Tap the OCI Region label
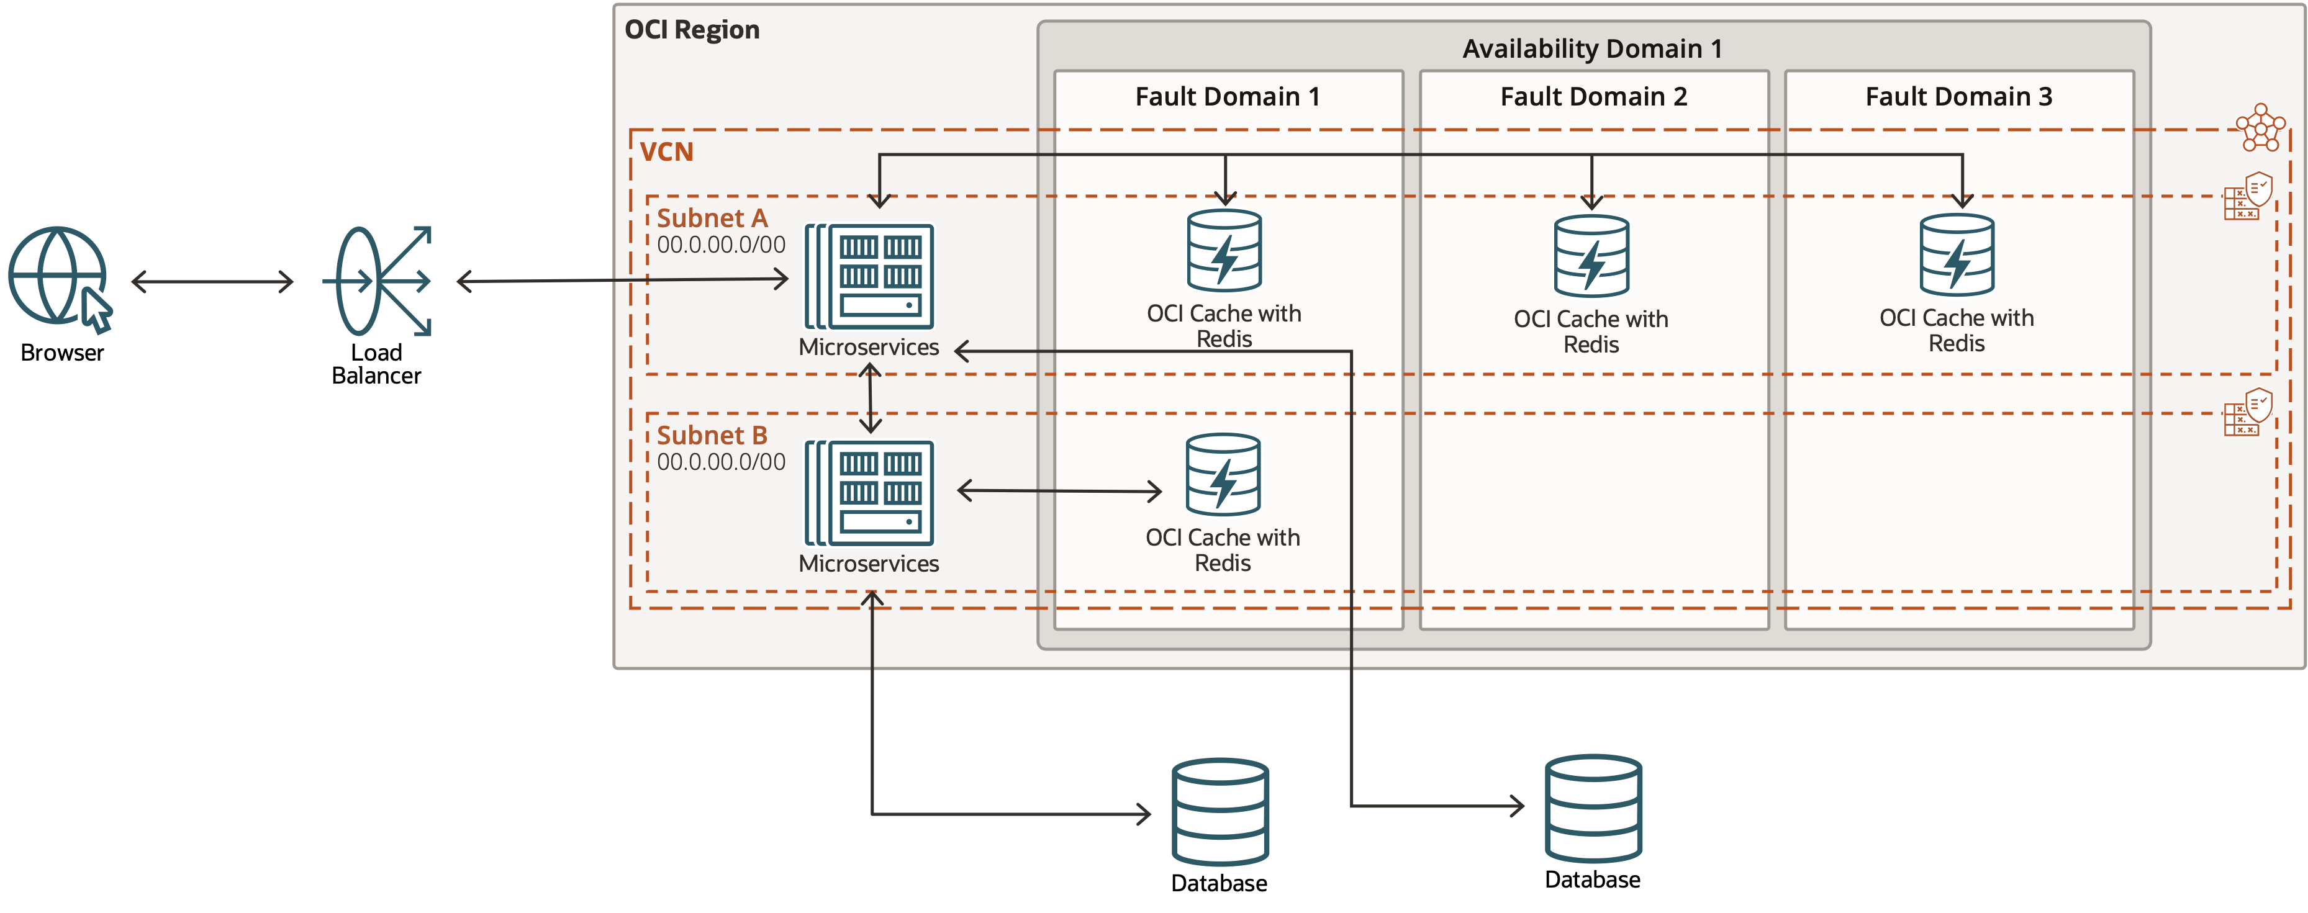click(691, 30)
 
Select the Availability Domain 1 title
click(1592, 48)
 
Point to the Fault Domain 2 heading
click(1593, 97)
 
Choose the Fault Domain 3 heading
click(1958, 97)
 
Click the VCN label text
click(667, 152)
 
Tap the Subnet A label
click(712, 218)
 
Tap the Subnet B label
click(712, 436)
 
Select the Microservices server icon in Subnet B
click(869, 493)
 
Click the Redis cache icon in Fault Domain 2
click(1591, 256)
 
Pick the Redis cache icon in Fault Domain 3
click(1957, 255)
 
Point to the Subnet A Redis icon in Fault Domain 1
click(1224, 251)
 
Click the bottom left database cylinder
click(1220, 811)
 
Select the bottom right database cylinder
click(1593, 808)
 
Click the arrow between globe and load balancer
click(212, 281)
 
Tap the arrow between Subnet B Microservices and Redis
click(1059, 491)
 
